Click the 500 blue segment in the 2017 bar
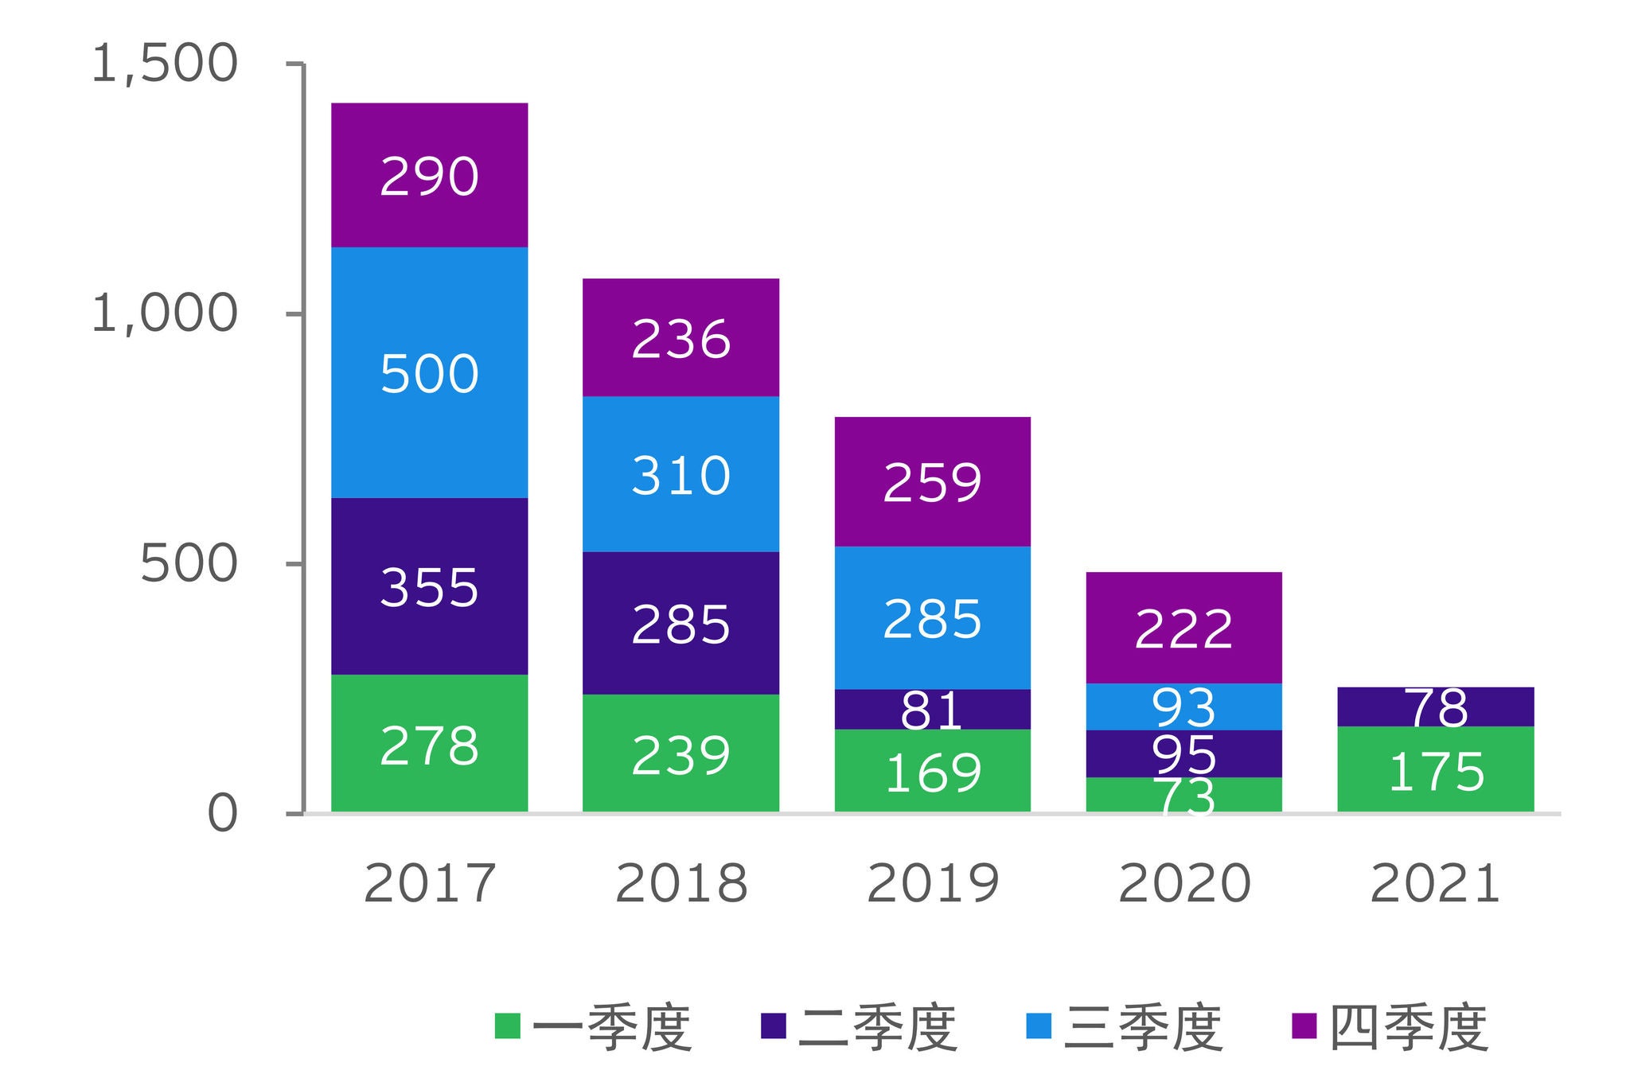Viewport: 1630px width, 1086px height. click(429, 372)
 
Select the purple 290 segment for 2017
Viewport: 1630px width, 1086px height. click(429, 175)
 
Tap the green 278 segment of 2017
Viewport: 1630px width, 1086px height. click(429, 744)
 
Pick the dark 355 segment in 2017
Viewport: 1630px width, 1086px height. click(429, 586)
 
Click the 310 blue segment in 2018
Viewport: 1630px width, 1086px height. click(680, 474)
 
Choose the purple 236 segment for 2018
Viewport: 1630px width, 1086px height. click(680, 338)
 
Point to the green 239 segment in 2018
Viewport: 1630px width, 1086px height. click(680, 753)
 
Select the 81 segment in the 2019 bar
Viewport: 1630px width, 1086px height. click(932, 710)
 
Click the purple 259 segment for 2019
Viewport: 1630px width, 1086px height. click(932, 481)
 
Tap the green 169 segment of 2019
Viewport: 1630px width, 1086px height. click(932, 770)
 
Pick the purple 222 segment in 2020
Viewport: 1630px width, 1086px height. click(1184, 628)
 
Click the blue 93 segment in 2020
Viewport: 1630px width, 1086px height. click(1184, 706)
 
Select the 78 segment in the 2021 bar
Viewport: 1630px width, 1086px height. click(1435, 706)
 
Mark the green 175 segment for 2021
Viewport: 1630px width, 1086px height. click(1435, 769)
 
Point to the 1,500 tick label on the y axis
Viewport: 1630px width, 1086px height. click(165, 64)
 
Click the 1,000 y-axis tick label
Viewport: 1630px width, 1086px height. click(165, 313)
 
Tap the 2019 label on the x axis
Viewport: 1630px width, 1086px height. click(932, 883)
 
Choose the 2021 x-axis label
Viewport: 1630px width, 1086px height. click(1435, 883)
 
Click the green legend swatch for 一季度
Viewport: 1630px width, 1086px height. click(507, 1026)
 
